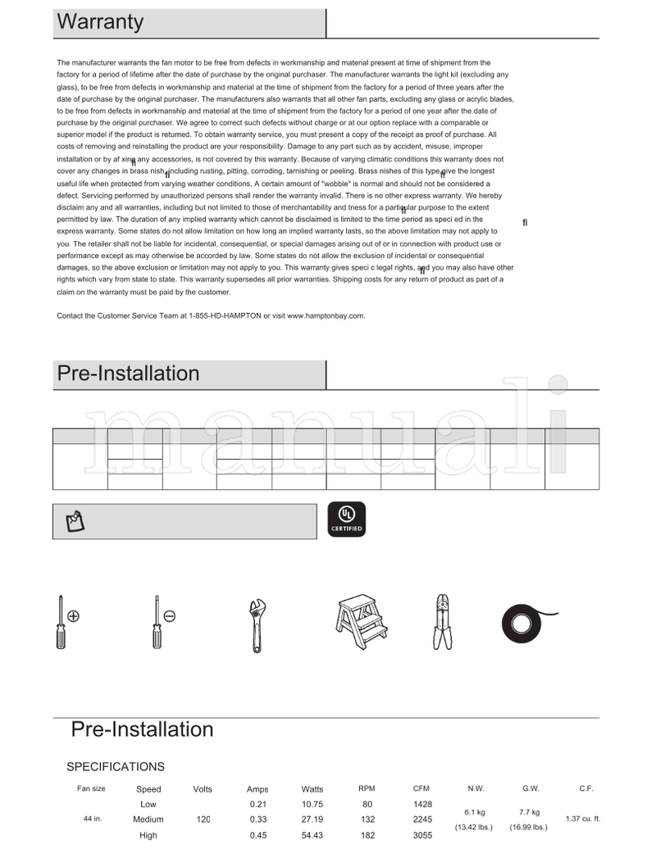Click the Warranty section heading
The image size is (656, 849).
[100, 22]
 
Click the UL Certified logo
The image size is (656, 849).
[346, 519]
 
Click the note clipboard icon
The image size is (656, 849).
[74, 520]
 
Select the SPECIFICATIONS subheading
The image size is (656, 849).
[115, 767]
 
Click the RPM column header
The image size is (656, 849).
[367, 788]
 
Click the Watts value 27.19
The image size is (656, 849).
[312, 819]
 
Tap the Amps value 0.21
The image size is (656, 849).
[257, 804]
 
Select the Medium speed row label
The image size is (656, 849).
[148, 819]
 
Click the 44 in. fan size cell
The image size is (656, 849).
[93, 819]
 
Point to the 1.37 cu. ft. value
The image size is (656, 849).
[582, 819]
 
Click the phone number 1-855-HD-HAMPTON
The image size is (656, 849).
[225, 316]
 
